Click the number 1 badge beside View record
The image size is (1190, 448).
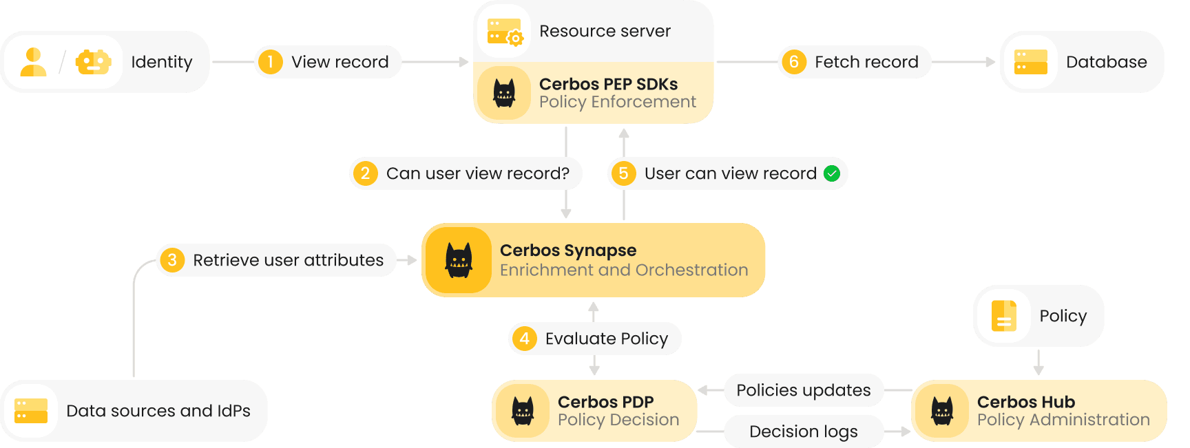coord(271,62)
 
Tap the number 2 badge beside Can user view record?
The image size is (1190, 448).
coord(366,173)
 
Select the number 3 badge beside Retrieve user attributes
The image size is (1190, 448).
coord(172,260)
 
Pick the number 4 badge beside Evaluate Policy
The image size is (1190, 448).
coord(525,339)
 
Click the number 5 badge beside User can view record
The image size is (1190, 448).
coord(624,173)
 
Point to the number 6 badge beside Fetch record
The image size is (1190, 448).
coord(794,62)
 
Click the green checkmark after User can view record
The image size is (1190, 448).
coord(832,173)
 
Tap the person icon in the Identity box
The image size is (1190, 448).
coord(33,62)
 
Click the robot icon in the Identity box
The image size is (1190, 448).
coord(93,62)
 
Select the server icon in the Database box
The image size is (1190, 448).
coord(1030,62)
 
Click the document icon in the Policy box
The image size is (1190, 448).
coord(1003,316)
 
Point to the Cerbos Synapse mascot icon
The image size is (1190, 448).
coord(458,260)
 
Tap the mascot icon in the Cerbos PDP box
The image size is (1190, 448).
coord(523,411)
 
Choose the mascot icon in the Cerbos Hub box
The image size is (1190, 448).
coord(942,411)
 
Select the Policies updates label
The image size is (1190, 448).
coord(803,390)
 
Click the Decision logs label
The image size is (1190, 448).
coord(803,431)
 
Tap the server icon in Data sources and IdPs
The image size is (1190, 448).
coord(31,411)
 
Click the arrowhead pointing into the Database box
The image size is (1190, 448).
coord(991,62)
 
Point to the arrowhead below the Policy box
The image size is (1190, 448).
coord(1038,370)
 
